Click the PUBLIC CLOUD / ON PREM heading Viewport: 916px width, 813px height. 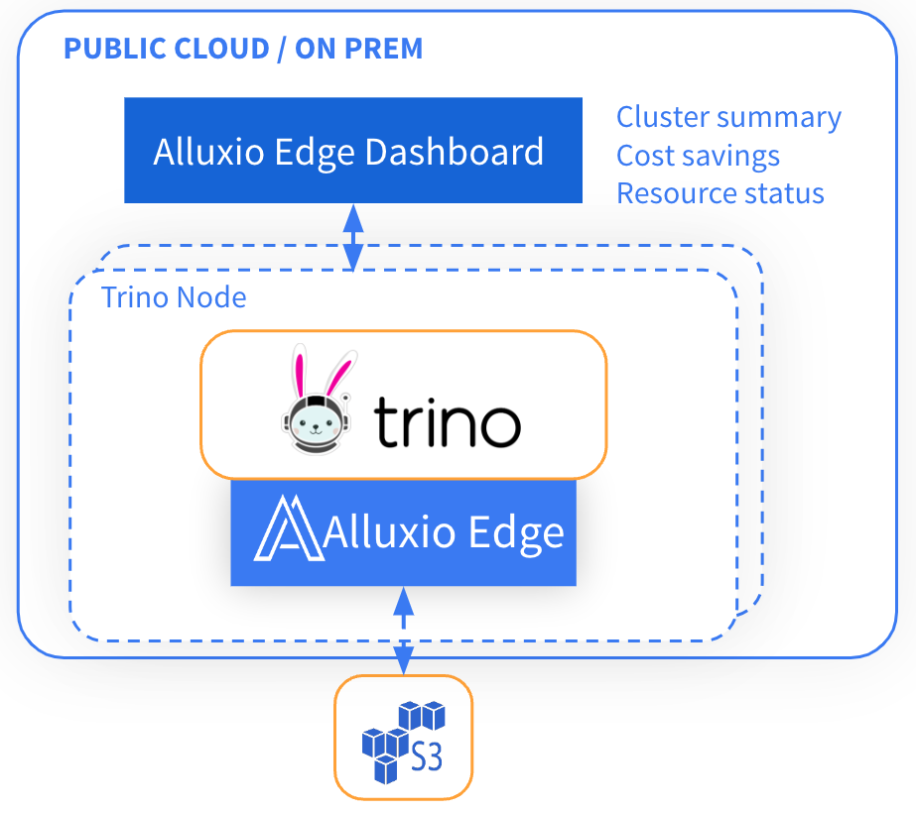coord(243,49)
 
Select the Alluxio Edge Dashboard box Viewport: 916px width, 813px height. coord(352,151)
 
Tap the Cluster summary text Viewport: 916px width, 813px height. coord(728,117)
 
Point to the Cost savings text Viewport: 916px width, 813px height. coord(698,156)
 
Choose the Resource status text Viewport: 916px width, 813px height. coord(720,192)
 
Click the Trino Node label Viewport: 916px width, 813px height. coord(174,296)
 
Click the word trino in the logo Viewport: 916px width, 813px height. coord(447,423)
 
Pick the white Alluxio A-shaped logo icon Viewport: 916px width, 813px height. coord(287,532)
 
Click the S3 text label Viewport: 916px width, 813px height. coord(427,759)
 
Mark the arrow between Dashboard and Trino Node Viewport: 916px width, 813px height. coord(352,236)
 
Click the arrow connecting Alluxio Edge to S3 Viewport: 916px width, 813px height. coord(403,631)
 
